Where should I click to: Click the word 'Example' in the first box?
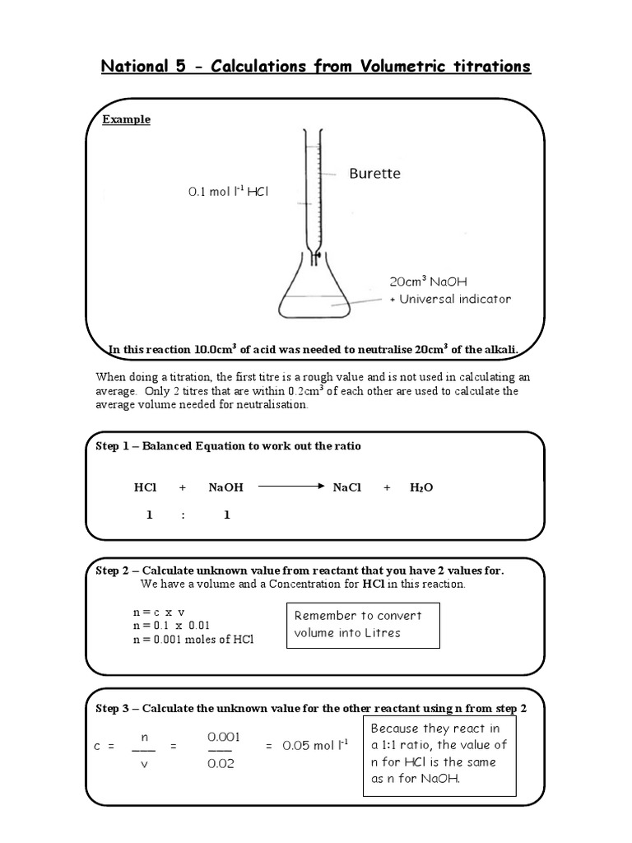tap(126, 119)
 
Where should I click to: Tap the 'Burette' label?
tap(374, 174)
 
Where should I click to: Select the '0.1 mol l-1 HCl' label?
tap(229, 192)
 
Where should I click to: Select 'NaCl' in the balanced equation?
tap(347, 487)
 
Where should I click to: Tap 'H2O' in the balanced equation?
tap(421, 487)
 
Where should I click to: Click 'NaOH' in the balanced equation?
tap(226, 487)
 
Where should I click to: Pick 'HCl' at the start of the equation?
tap(146, 487)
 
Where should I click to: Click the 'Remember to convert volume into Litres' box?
tap(362, 625)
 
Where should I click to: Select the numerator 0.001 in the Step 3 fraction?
tap(223, 737)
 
